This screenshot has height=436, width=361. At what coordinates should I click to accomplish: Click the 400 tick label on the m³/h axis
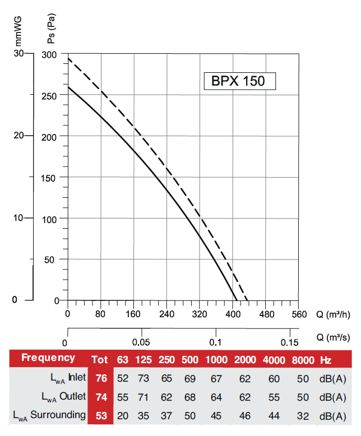tap(233, 314)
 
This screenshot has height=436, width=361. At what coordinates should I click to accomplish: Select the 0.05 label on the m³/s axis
tap(141, 342)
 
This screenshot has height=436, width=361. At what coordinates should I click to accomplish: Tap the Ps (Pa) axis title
tap(51, 31)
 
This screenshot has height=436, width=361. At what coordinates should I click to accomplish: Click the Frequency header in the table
tap(48, 358)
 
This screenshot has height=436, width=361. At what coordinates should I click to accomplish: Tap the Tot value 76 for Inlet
tap(101, 378)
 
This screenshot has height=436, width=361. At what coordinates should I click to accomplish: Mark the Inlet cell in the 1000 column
tap(216, 378)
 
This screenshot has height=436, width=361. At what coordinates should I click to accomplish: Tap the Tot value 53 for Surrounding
tap(101, 415)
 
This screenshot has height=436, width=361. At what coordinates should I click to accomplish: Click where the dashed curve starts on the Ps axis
tap(68, 58)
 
